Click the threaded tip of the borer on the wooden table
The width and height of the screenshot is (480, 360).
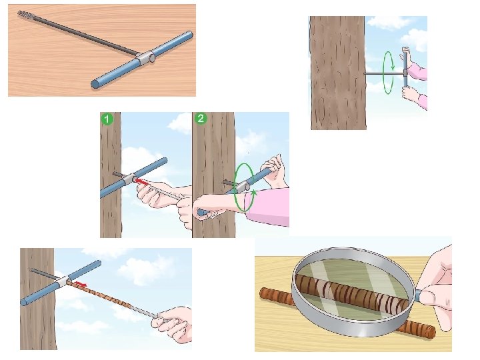(26, 14)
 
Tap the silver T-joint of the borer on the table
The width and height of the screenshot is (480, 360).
(145, 57)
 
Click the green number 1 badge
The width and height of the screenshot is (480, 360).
(107, 119)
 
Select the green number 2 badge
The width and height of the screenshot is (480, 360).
(201, 119)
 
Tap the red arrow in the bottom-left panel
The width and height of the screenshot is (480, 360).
(81, 285)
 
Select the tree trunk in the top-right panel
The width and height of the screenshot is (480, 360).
(338, 73)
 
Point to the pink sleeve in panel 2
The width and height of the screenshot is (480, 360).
(269, 207)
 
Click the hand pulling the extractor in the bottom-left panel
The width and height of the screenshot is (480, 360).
(173, 323)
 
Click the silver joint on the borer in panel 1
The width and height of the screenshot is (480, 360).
(129, 179)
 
